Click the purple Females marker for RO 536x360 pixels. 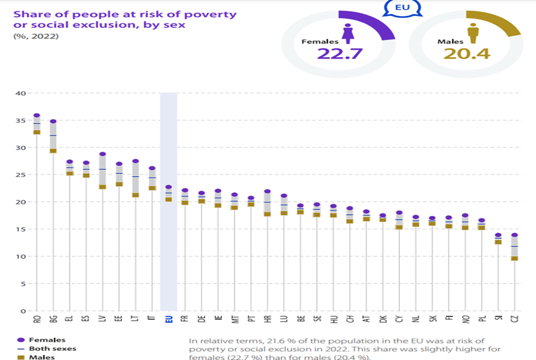click(36, 115)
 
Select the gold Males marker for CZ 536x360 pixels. click(514, 258)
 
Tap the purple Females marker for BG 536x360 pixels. click(53, 121)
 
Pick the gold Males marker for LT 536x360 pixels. click(136, 195)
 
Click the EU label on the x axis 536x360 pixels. click(169, 319)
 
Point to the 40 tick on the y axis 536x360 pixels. click(20, 93)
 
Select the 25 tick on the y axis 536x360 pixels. click(20, 174)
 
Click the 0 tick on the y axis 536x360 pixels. click(22, 311)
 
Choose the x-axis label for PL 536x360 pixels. click(481, 319)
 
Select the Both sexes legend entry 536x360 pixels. click(49, 348)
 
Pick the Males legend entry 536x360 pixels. click(40, 357)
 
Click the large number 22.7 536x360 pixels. click(338, 54)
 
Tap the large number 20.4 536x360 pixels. click(466, 54)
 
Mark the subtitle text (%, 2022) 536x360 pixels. click(36, 36)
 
